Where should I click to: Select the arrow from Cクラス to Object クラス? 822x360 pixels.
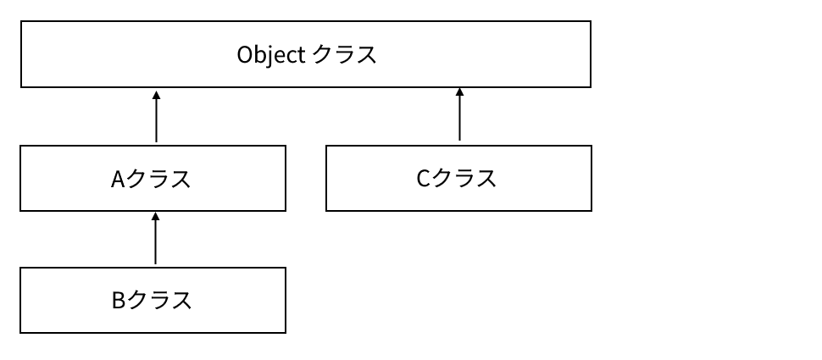click(x=459, y=114)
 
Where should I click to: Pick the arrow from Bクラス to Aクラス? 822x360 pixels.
click(x=156, y=240)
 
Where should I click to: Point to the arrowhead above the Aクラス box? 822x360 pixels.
click(x=156, y=93)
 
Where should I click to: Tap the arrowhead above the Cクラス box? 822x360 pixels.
click(x=459, y=91)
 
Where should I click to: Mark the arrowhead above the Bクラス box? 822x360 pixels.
click(x=156, y=217)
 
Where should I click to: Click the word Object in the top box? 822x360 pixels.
click(x=269, y=56)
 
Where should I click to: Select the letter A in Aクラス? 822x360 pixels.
click(x=118, y=180)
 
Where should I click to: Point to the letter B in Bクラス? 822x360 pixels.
click(x=119, y=300)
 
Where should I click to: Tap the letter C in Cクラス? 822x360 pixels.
click(x=424, y=179)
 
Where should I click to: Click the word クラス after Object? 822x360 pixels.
click(x=344, y=56)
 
